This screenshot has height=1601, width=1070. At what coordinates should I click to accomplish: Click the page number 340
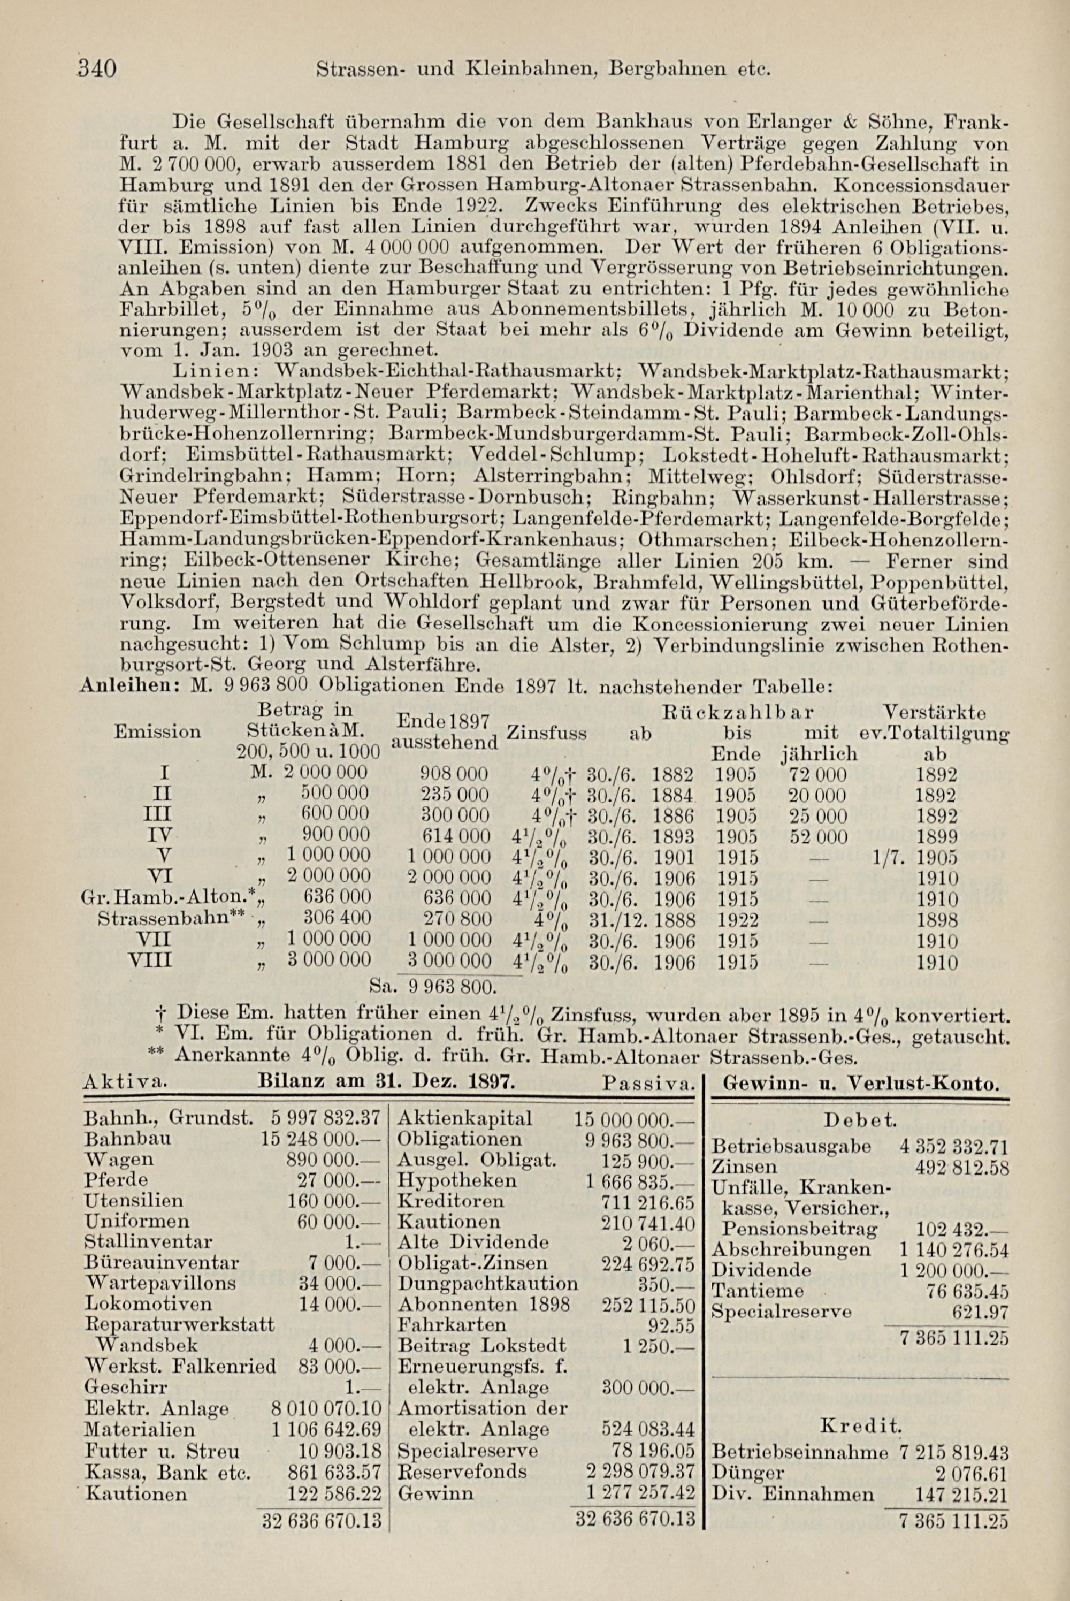point(98,69)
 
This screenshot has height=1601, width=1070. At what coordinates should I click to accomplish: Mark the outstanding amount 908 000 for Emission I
point(453,775)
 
